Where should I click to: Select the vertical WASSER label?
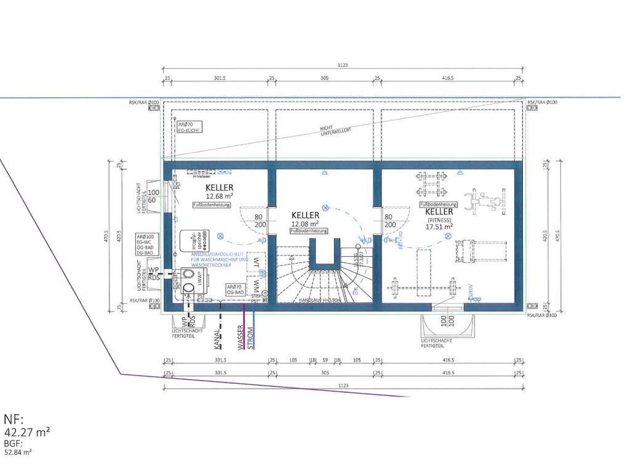click(x=241, y=337)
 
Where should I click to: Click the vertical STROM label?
click(x=250, y=338)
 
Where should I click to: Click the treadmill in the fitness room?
click(x=470, y=251)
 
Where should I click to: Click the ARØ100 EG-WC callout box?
click(x=145, y=245)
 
